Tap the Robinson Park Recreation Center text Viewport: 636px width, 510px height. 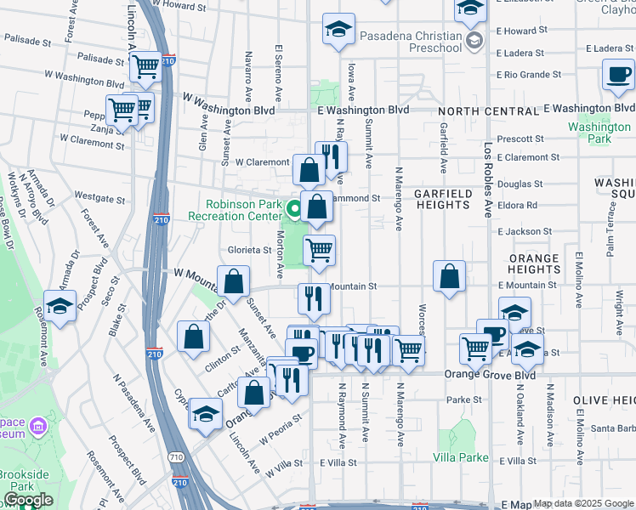[245, 211]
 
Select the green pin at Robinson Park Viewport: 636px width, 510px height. [295, 207]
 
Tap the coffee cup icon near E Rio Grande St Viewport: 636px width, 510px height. [618, 74]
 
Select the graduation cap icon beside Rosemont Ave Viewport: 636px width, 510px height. [60, 306]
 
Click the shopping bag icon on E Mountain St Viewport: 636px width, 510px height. [450, 276]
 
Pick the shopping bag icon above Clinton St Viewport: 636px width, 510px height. [194, 336]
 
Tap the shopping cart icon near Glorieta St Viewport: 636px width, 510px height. [319, 250]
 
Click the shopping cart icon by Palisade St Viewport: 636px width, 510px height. [146, 65]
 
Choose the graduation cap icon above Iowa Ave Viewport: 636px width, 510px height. [338, 29]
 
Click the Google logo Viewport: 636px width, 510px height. [28, 500]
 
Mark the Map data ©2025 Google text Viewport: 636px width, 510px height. [583, 503]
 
